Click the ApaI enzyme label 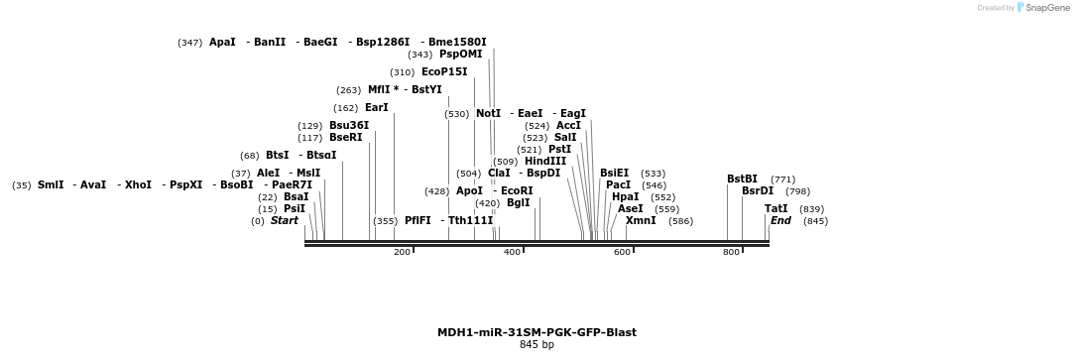coord(222,43)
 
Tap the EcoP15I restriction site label coord(444,72)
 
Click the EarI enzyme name coord(377,108)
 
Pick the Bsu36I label coord(349,126)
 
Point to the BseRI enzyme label coord(346,138)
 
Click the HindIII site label coord(545,162)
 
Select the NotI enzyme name coord(488,114)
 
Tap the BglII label coord(518,203)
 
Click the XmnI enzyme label coord(641,220)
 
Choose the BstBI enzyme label coord(742,180)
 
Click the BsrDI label coord(758,191)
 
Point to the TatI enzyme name coord(776,209)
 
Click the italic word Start coord(284,221)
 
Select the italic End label coord(780,221)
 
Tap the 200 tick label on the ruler coord(402,253)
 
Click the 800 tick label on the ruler coord(731,253)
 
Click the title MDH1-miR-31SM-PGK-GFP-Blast coord(537,332)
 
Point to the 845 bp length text coord(537,345)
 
